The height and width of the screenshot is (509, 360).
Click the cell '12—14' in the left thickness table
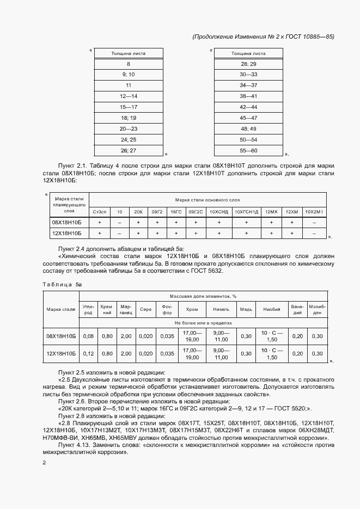coord(129,96)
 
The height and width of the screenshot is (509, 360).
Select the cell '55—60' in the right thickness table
coord(248,150)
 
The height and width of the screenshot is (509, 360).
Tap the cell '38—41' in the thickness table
coord(248,96)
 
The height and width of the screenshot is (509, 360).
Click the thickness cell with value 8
coord(129,64)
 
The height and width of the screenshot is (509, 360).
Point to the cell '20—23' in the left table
coord(129,128)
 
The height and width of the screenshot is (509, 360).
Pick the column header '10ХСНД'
coord(218,211)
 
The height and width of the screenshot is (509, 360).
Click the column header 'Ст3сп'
coord(100,211)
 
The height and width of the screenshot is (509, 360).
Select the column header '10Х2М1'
coord(314,211)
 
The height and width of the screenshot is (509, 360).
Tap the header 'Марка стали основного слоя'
coord(208,200)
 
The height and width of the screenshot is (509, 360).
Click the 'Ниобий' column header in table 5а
coord(272,309)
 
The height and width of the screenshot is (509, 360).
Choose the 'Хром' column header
coord(192,309)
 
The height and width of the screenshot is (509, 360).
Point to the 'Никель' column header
coord(222,309)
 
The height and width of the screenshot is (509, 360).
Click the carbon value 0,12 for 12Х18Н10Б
coord(88,354)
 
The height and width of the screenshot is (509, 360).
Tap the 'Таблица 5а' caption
coord(62,284)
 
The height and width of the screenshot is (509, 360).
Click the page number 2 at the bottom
coord(45,463)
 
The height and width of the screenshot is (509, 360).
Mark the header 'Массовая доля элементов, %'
coord(203,296)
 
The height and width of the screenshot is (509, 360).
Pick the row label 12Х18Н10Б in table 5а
coord(61,354)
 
